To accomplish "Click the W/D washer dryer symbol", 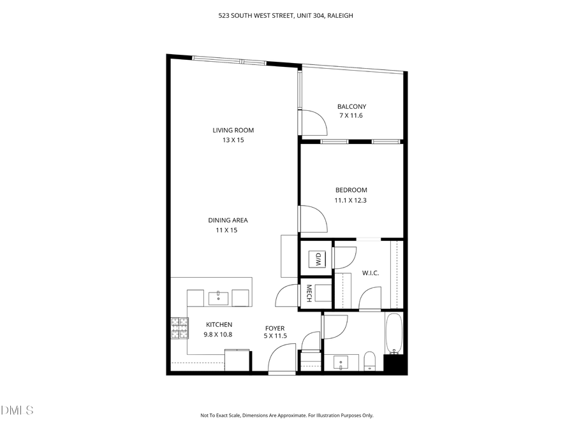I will click(316, 259).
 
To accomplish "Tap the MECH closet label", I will click(309, 293).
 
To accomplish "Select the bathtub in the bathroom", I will click(394, 334).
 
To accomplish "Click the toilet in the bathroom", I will click(369, 361).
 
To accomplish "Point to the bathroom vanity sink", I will click(341, 362).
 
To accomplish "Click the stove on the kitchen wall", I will click(179, 328).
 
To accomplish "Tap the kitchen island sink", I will click(219, 297).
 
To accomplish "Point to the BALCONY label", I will click(351, 106).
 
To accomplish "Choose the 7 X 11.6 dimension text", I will click(351, 116).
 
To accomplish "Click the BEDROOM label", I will click(351, 190).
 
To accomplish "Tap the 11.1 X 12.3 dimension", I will click(351, 200).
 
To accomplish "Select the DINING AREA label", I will click(228, 220).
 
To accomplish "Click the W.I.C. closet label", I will click(371, 273).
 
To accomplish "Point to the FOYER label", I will click(275, 329).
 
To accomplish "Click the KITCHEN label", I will click(218, 325).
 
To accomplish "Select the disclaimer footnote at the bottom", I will click(286, 415).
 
